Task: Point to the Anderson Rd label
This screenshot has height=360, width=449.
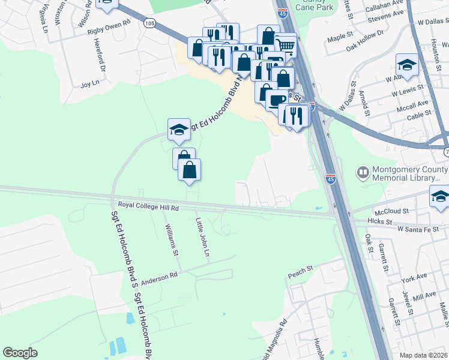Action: tap(160, 276)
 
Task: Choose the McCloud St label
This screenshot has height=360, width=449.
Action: tap(391, 211)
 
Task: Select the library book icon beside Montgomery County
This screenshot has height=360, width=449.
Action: tap(363, 173)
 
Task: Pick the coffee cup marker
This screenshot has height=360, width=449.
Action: tap(277, 100)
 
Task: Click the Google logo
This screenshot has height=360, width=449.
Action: tap(20, 353)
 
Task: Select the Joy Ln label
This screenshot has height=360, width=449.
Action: tap(89, 84)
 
